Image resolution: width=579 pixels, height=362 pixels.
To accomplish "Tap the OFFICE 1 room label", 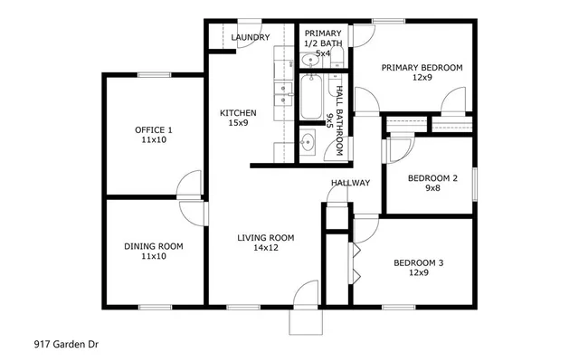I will (154, 129).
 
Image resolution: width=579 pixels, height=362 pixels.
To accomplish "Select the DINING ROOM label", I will (154, 245).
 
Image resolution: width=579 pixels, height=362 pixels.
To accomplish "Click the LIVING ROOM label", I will (266, 238).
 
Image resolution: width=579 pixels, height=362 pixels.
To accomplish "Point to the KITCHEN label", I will (239, 113).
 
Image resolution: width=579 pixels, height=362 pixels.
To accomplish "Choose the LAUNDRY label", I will (251, 37).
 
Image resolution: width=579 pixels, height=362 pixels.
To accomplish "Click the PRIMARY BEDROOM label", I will (422, 67).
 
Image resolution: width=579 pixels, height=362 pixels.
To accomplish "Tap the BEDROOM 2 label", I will (432, 178).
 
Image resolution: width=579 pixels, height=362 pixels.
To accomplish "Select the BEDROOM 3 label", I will (419, 263).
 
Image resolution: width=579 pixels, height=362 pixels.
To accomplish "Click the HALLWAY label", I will (350, 183).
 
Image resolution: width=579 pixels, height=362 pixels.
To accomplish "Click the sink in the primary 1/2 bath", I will (309, 61).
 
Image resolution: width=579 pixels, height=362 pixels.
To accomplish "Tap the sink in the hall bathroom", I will (308, 142).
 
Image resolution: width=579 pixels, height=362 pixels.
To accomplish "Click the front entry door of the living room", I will (307, 295).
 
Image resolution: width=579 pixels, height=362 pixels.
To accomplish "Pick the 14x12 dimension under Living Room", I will (266, 249).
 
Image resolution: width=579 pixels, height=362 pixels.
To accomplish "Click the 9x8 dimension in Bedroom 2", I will (432, 189).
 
